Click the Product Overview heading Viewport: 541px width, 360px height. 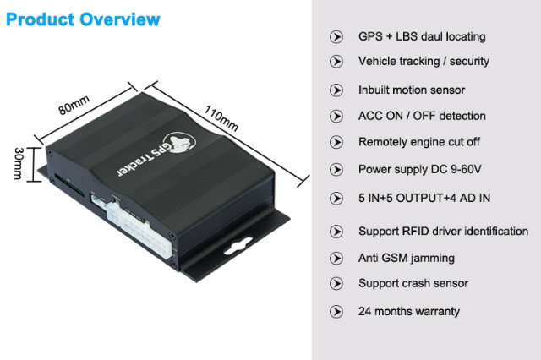click(83, 19)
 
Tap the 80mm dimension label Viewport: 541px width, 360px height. click(74, 105)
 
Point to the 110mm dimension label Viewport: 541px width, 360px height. click(221, 118)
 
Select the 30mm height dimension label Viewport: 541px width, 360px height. click(19, 164)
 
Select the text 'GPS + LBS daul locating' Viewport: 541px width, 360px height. click(422, 36)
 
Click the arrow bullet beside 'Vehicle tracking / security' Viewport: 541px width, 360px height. click(336, 62)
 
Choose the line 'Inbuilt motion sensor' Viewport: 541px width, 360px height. click(412, 90)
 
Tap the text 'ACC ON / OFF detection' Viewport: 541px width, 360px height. click(422, 116)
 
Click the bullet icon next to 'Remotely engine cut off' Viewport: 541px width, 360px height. click(336, 142)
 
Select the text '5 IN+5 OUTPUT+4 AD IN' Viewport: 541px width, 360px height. click(424, 199)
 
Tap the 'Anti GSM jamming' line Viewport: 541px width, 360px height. click(407, 258)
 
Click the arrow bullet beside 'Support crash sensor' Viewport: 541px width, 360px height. click(336, 284)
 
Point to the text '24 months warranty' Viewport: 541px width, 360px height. click(409, 311)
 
